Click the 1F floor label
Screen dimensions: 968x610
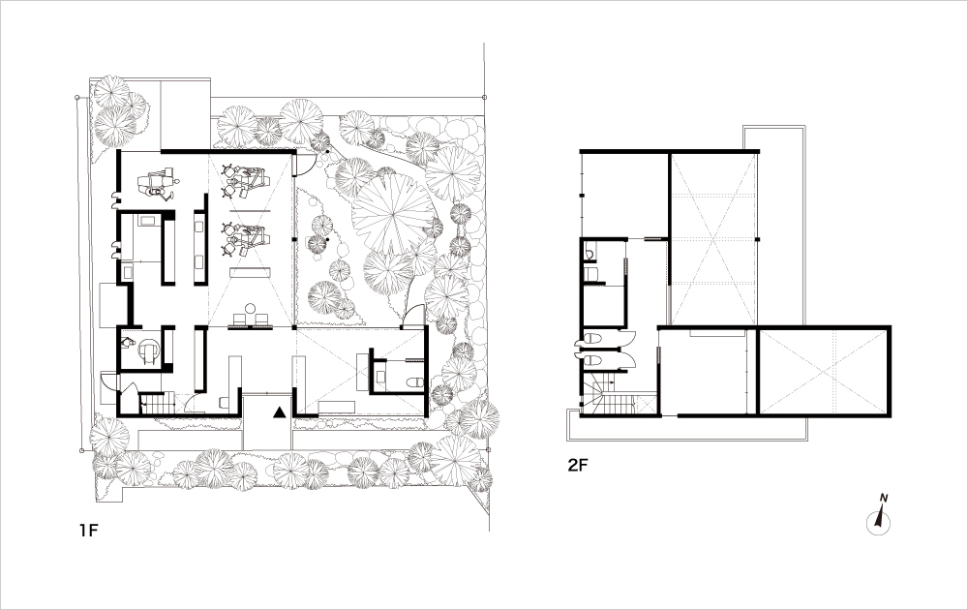point(88,530)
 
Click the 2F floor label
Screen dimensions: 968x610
point(578,465)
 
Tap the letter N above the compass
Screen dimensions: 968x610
point(884,498)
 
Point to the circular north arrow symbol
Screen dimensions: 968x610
point(879,522)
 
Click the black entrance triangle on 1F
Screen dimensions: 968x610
point(280,412)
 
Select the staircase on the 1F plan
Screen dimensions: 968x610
point(158,405)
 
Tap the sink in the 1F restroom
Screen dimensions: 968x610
point(380,374)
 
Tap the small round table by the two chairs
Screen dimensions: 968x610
point(250,308)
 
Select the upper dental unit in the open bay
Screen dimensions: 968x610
point(245,180)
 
